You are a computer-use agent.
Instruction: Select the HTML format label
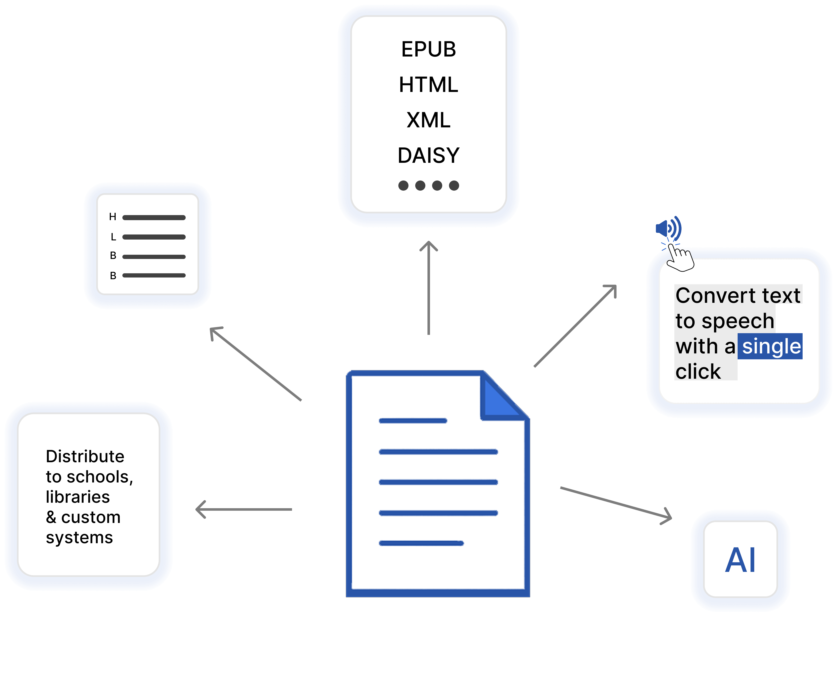tap(429, 85)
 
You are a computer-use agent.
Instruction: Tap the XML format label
tap(429, 120)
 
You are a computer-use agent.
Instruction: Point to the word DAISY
tap(429, 156)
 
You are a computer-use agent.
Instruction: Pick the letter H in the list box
tap(113, 217)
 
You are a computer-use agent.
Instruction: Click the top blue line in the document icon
tap(413, 421)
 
